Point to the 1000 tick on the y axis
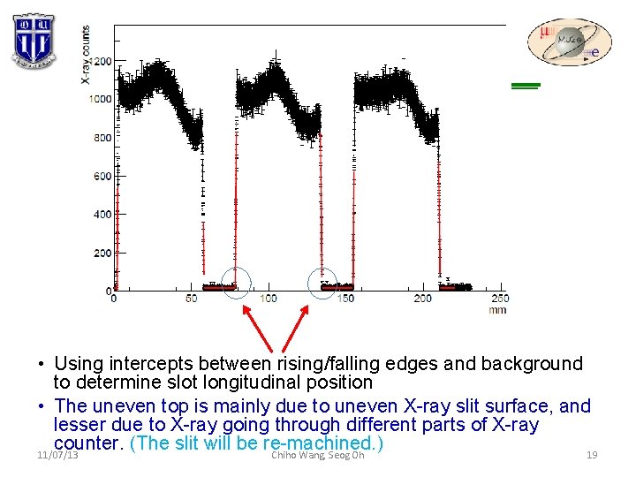point(101,99)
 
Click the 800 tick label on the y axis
point(103,138)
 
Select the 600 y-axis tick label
point(103,176)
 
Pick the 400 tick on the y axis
point(103,215)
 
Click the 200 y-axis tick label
point(103,253)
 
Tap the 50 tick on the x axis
point(191,299)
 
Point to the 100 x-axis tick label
point(268,299)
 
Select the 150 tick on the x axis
point(345,299)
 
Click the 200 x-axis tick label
point(422,299)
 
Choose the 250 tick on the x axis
point(499,299)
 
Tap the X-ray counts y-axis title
point(86,55)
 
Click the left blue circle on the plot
point(236,282)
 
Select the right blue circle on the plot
point(322,282)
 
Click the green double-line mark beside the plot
point(526,86)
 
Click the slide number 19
point(592,456)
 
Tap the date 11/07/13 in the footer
point(57,456)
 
